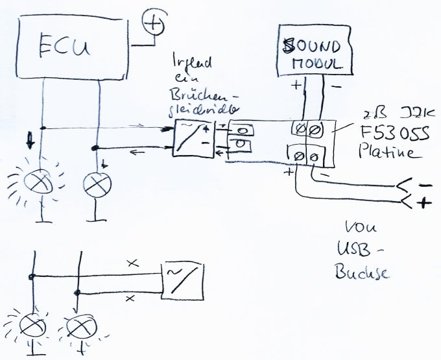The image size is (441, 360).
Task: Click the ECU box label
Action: pos(64,48)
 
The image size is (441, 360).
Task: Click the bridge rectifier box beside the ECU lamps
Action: pos(193,138)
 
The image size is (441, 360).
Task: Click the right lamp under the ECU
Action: pos(96,184)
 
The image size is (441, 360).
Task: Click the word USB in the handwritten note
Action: pos(353,250)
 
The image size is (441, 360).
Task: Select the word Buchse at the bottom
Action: pos(362,273)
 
